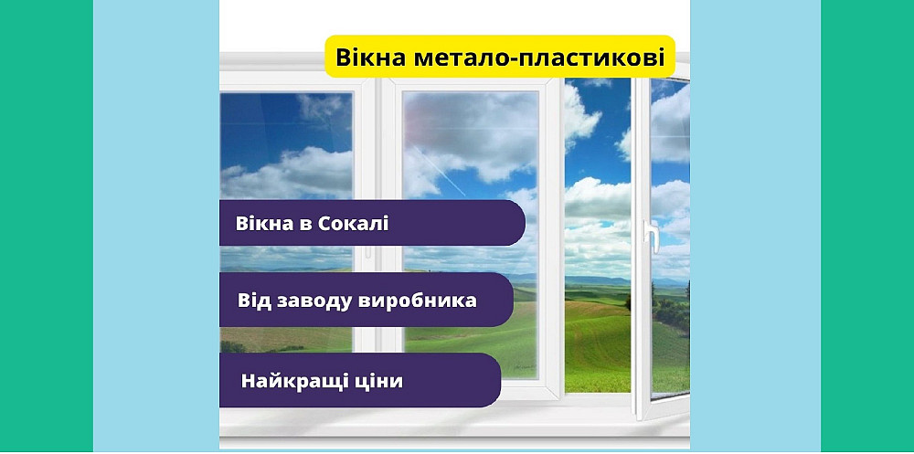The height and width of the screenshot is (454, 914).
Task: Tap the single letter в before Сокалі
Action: coord(307,225)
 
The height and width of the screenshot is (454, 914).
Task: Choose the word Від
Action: coord(256,300)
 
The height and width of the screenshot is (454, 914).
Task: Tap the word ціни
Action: coord(377,380)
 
